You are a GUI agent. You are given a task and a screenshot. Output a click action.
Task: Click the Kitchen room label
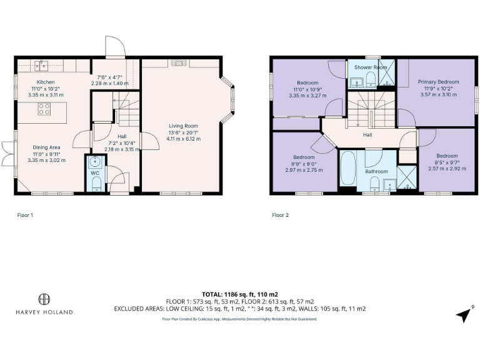46,82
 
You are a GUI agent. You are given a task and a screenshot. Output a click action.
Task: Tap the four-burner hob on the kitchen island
45,109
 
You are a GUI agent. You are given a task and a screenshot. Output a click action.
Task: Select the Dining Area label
46,147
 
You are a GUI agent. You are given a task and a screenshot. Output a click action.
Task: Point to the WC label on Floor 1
95,172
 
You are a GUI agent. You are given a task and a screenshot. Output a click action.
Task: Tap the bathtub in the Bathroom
347,169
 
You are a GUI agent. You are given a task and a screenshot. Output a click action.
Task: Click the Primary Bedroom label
438,82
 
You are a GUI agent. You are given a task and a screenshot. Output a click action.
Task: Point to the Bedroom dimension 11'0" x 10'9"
307,89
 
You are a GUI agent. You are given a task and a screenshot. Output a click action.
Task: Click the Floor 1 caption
24,214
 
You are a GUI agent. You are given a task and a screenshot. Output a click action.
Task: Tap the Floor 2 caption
281,214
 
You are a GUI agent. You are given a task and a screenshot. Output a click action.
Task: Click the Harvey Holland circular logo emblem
44,299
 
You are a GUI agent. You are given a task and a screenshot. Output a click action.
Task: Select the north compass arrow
463,316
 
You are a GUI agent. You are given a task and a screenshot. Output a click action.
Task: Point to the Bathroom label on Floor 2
377,171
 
